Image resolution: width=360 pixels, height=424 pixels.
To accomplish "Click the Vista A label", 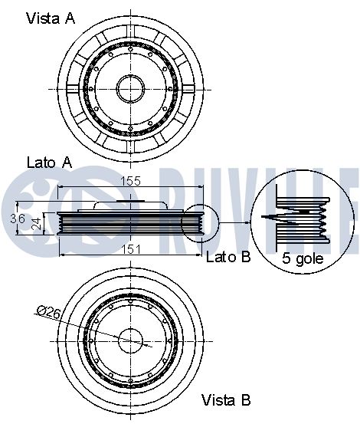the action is [x=51, y=18].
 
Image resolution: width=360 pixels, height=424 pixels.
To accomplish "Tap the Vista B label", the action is [x=226, y=400].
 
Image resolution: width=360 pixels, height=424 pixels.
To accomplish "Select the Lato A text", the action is [x=50, y=163].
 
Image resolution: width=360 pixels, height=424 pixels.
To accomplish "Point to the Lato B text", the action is [x=228, y=257].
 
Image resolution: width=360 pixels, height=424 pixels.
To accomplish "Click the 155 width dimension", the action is [x=131, y=181].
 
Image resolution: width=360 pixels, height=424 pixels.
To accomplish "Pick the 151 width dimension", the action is [x=131, y=249].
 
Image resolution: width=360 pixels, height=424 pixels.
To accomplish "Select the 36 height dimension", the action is [x=18, y=219].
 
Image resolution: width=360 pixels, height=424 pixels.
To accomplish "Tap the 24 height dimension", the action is [x=38, y=223].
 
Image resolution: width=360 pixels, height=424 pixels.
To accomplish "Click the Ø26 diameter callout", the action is [x=48, y=312].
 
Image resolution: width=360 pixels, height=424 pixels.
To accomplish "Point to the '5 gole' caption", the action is [x=303, y=258].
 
